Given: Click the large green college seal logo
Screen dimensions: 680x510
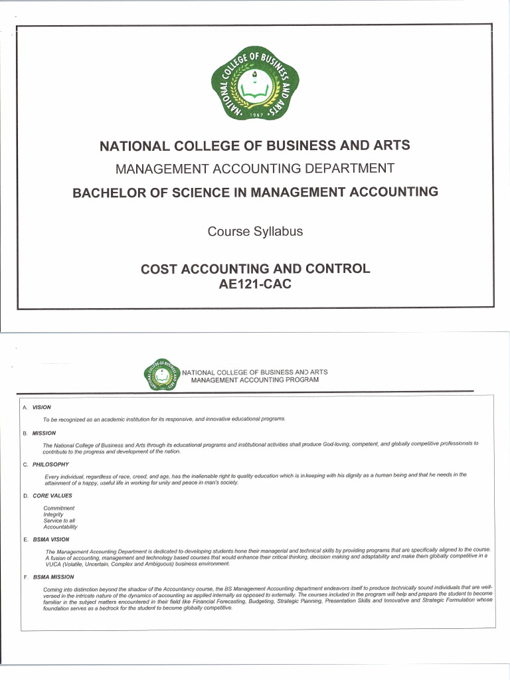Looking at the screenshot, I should tap(255, 84).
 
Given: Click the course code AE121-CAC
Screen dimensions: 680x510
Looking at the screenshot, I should tap(255, 284).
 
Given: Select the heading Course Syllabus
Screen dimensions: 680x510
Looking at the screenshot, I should tap(255, 232).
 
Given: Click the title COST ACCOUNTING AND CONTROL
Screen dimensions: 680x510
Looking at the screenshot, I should tap(255, 269).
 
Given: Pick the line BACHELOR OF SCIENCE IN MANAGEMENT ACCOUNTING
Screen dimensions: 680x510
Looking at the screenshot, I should tap(255, 193).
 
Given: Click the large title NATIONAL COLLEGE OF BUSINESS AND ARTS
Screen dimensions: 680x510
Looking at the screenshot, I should tap(255, 145).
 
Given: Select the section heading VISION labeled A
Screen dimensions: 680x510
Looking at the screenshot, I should tap(42, 407).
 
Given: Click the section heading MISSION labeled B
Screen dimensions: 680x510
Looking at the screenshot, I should tap(44, 433).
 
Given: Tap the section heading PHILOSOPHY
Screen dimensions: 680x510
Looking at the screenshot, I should tap(50, 464).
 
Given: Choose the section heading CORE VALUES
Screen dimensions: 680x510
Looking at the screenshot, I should tap(52, 495).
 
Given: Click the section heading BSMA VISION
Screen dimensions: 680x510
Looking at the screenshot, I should tap(51, 539).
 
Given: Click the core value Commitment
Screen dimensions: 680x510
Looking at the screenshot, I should tap(58, 508).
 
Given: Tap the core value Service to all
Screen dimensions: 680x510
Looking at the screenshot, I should tap(59, 521).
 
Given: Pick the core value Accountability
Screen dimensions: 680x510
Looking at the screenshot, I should tap(60, 527).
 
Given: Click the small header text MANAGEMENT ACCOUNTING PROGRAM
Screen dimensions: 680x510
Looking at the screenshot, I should tap(254, 380).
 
